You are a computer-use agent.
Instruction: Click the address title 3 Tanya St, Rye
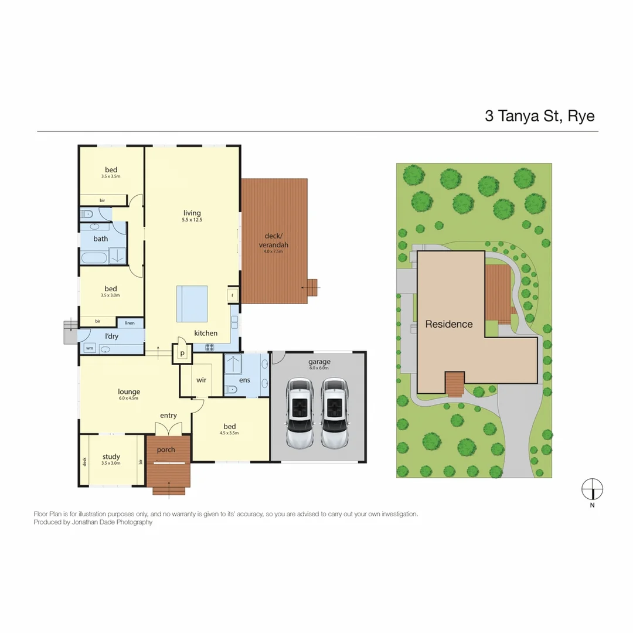click(x=539, y=115)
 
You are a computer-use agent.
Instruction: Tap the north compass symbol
click(x=592, y=488)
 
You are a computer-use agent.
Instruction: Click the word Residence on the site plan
click(x=449, y=324)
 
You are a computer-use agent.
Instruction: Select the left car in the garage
click(x=300, y=413)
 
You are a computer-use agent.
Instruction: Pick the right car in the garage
click(x=334, y=413)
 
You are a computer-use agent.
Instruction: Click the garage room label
click(x=319, y=362)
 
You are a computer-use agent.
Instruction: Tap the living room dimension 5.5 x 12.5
click(x=192, y=220)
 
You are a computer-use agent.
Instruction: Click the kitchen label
click(x=206, y=333)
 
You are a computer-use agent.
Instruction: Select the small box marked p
click(x=182, y=353)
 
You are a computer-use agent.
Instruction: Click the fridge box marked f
click(x=233, y=294)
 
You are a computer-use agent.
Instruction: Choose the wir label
click(x=201, y=380)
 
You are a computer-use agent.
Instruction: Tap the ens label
click(x=244, y=380)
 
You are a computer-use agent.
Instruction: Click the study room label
click(x=111, y=457)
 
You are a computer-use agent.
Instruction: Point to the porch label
click(x=166, y=450)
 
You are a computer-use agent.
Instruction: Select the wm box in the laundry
click(x=90, y=348)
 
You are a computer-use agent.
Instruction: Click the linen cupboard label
click(x=130, y=323)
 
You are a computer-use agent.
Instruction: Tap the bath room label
click(x=101, y=239)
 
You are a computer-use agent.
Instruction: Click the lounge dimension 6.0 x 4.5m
click(x=128, y=399)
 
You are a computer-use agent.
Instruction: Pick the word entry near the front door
click(x=168, y=416)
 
